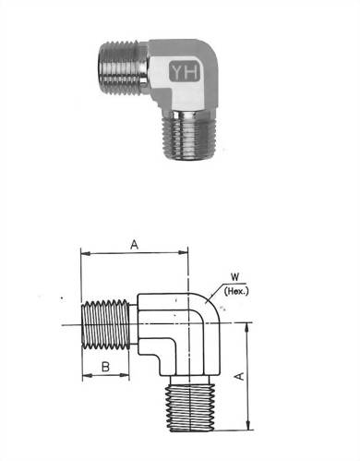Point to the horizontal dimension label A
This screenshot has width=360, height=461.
tap(134, 245)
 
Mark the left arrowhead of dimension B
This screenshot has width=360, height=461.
tap(85, 378)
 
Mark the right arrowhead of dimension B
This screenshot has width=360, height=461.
tap(128, 378)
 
